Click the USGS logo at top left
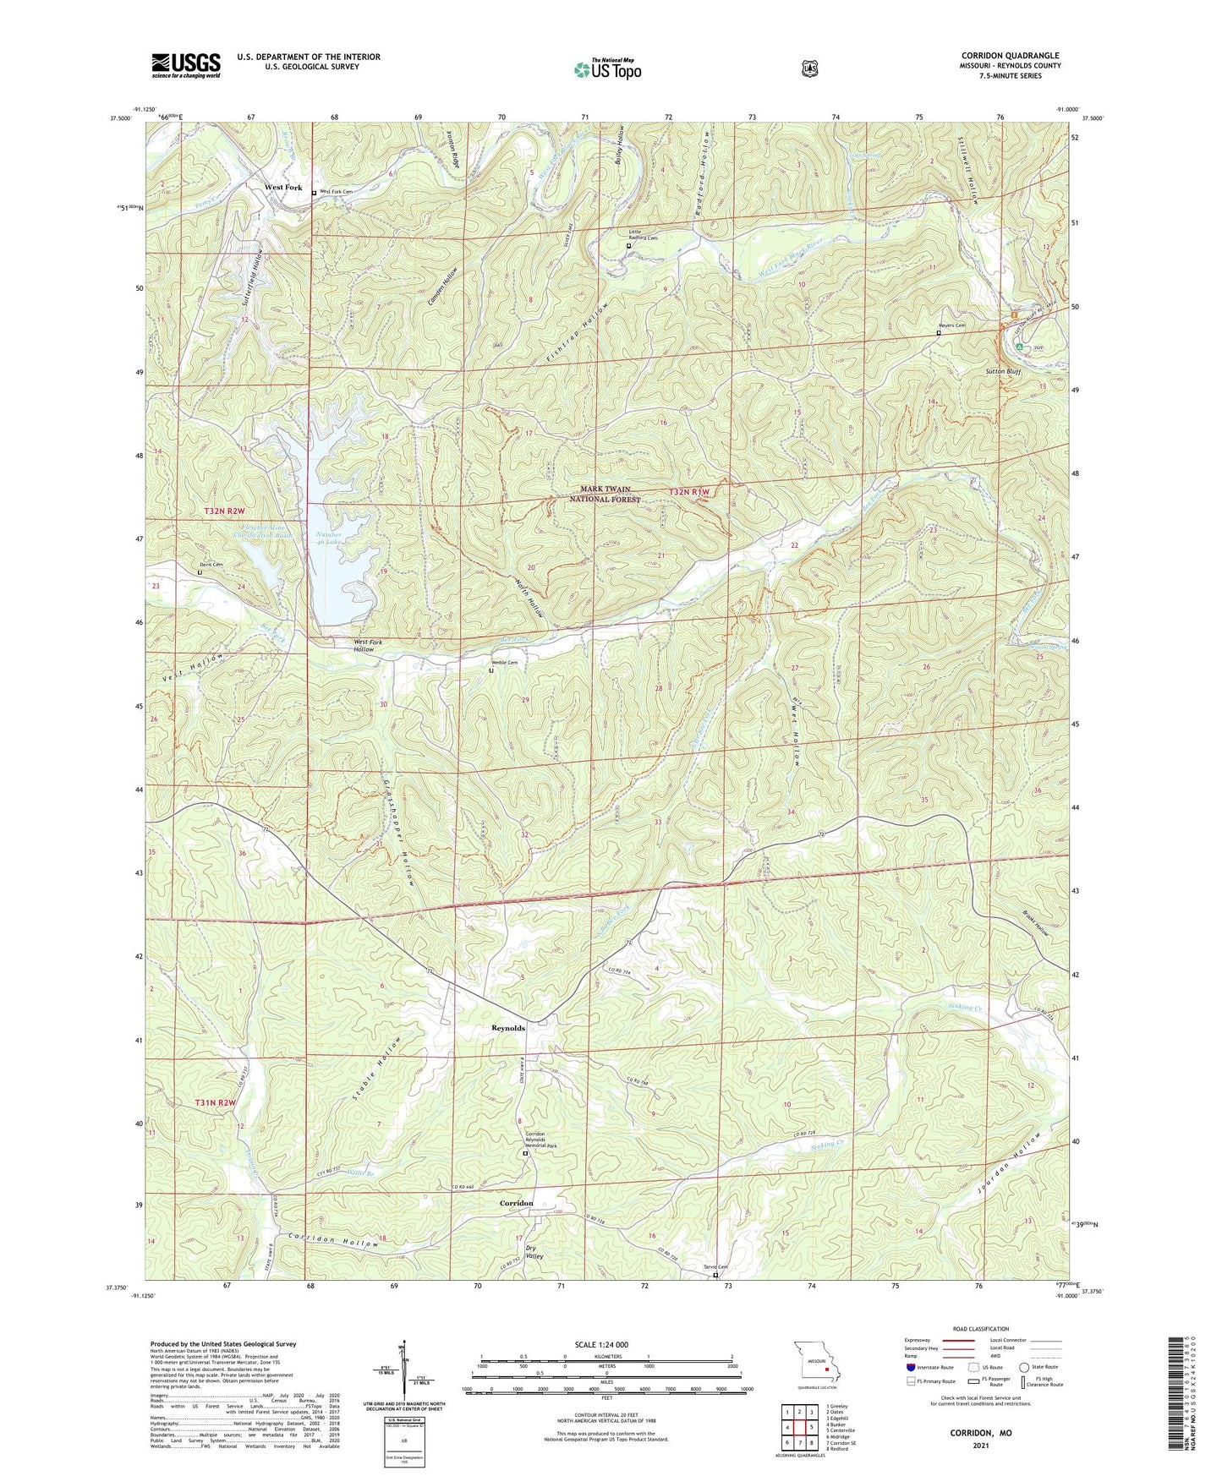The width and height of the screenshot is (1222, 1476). click(186, 64)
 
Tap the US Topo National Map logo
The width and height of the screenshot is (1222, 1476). click(606, 69)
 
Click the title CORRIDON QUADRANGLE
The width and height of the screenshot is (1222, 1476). click(1010, 56)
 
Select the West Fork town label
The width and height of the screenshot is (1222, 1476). click(283, 187)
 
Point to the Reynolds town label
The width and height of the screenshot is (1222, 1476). click(508, 1028)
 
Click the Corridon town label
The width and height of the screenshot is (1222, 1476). click(516, 1203)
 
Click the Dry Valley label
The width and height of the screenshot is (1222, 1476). click(534, 1251)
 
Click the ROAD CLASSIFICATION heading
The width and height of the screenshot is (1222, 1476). click(981, 1330)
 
